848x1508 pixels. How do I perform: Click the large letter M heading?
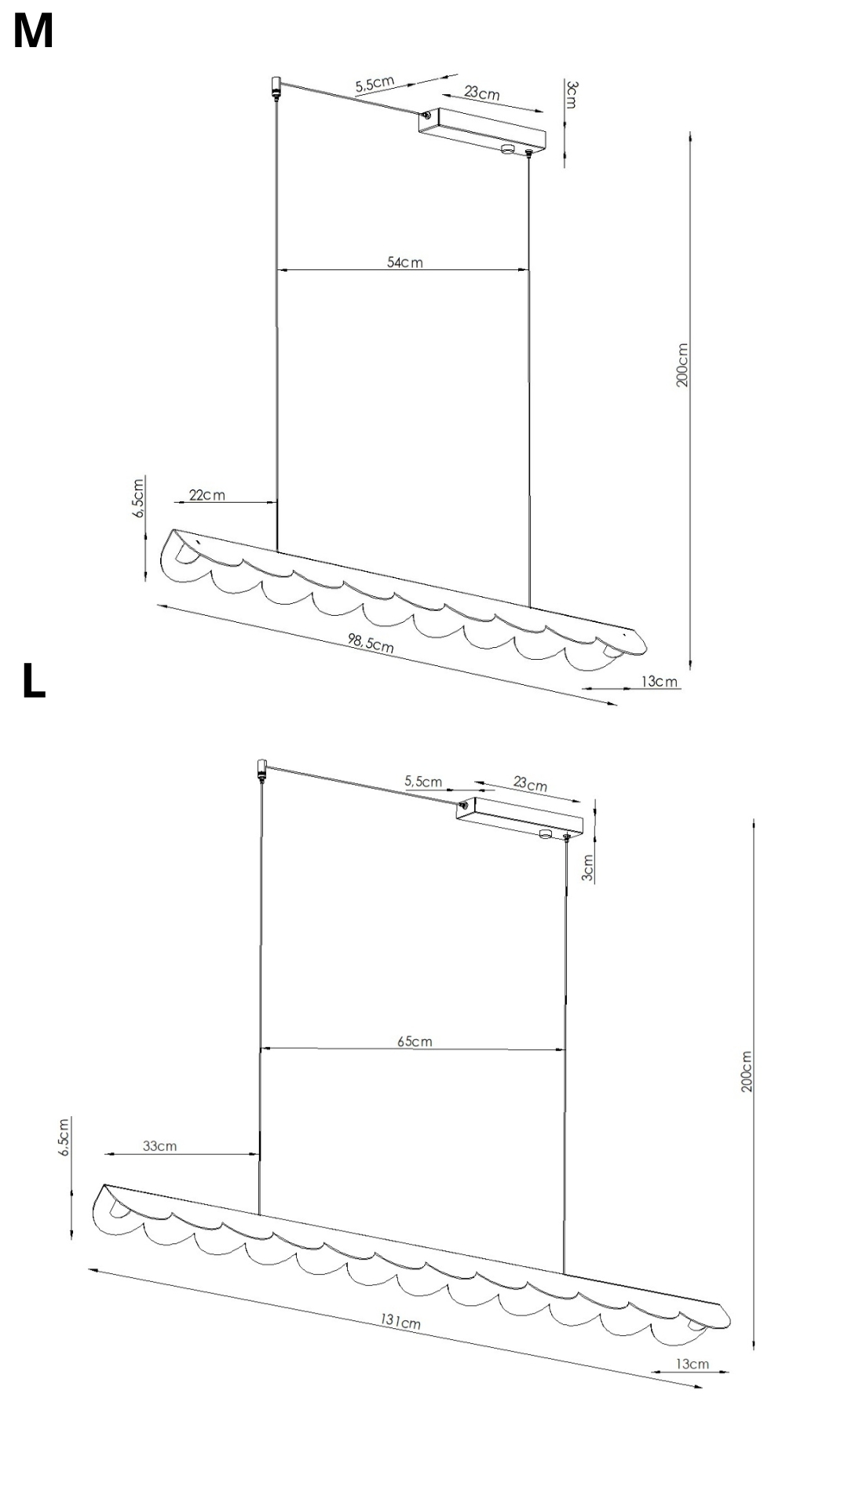tap(33, 32)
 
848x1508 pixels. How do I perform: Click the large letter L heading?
tap(34, 681)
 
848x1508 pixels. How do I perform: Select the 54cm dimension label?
tap(404, 262)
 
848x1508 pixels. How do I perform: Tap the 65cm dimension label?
tap(415, 1041)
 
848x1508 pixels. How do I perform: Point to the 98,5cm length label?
tap(371, 643)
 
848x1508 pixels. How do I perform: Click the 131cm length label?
tap(400, 1321)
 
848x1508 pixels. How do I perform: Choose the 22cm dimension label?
tap(207, 495)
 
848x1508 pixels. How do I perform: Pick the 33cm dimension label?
tap(159, 1146)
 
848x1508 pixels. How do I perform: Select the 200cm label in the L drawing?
tap(746, 1071)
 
